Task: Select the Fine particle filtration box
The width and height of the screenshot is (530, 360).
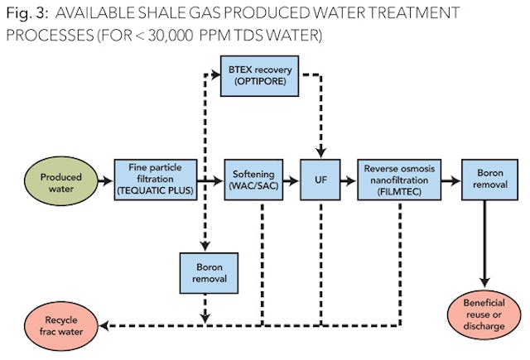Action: (x=156, y=178)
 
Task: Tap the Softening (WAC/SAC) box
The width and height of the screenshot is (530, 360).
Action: (x=253, y=178)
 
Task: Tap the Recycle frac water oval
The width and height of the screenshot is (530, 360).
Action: (x=60, y=323)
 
